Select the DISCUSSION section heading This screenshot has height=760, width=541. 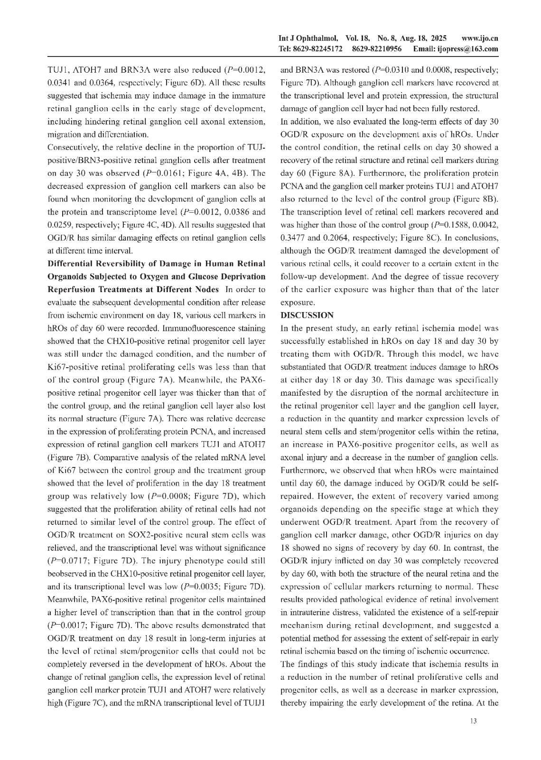click(307, 315)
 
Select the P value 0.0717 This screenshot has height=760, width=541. click(79, 547)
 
